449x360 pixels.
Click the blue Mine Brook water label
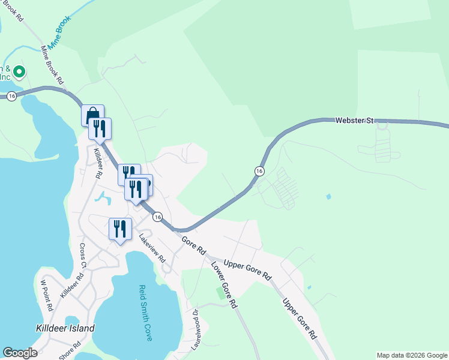pyautogui.click(x=60, y=28)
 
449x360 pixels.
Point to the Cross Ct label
pyautogui.click(x=83, y=255)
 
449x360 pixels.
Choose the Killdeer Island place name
pyautogui.click(x=65, y=328)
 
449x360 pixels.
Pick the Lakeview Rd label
pyautogui.click(x=152, y=247)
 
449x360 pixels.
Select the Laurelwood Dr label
pyautogui.click(x=195, y=329)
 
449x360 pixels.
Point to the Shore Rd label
pyautogui.click(x=70, y=352)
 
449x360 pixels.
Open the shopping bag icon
pyautogui.click(x=92, y=114)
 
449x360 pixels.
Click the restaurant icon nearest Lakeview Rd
pyautogui.click(x=120, y=229)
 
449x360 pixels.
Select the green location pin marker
pyautogui.click(x=19, y=72)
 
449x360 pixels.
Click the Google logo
pyautogui.click(x=20, y=353)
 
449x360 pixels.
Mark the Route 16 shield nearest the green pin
pyautogui.click(x=12, y=96)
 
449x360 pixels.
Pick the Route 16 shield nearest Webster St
pyautogui.click(x=259, y=171)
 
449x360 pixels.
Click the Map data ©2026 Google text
pyautogui.click(x=412, y=355)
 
